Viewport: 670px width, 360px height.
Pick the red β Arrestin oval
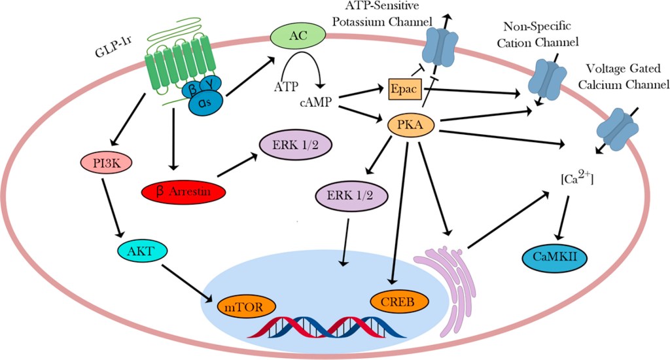pos(183,190)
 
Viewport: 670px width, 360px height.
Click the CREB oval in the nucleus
pos(398,301)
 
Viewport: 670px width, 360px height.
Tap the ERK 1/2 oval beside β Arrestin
pos(293,144)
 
